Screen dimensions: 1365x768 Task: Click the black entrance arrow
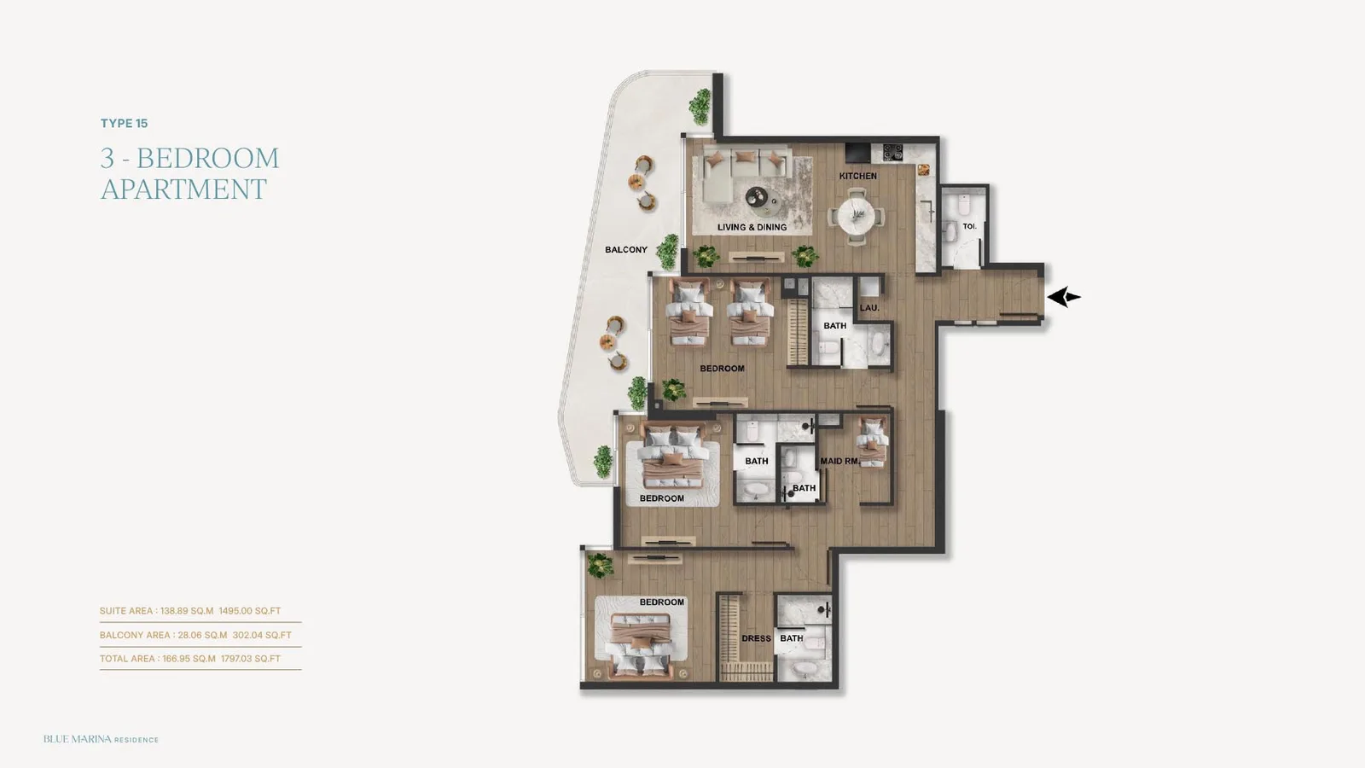(1063, 298)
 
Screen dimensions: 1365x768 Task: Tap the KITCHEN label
(858, 176)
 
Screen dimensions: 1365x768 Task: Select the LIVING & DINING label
(752, 227)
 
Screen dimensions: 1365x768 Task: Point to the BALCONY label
(626, 249)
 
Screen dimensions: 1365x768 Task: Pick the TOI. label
(969, 227)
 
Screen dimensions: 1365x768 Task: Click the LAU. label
(869, 308)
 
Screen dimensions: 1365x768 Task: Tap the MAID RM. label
(839, 462)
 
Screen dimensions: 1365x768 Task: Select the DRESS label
(756, 639)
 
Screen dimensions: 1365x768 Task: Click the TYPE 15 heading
(125, 123)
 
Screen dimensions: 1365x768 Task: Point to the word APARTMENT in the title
(183, 189)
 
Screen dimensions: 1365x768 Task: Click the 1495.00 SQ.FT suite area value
(250, 611)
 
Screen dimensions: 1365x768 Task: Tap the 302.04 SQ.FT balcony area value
(262, 635)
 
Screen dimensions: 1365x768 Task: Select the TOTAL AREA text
(127, 659)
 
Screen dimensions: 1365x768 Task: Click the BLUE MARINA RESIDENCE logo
(101, 739)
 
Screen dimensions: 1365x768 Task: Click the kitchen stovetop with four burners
(892, 152)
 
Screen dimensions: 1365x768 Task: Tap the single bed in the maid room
(872, 442)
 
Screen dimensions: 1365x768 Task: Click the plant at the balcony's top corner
(700, 107)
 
